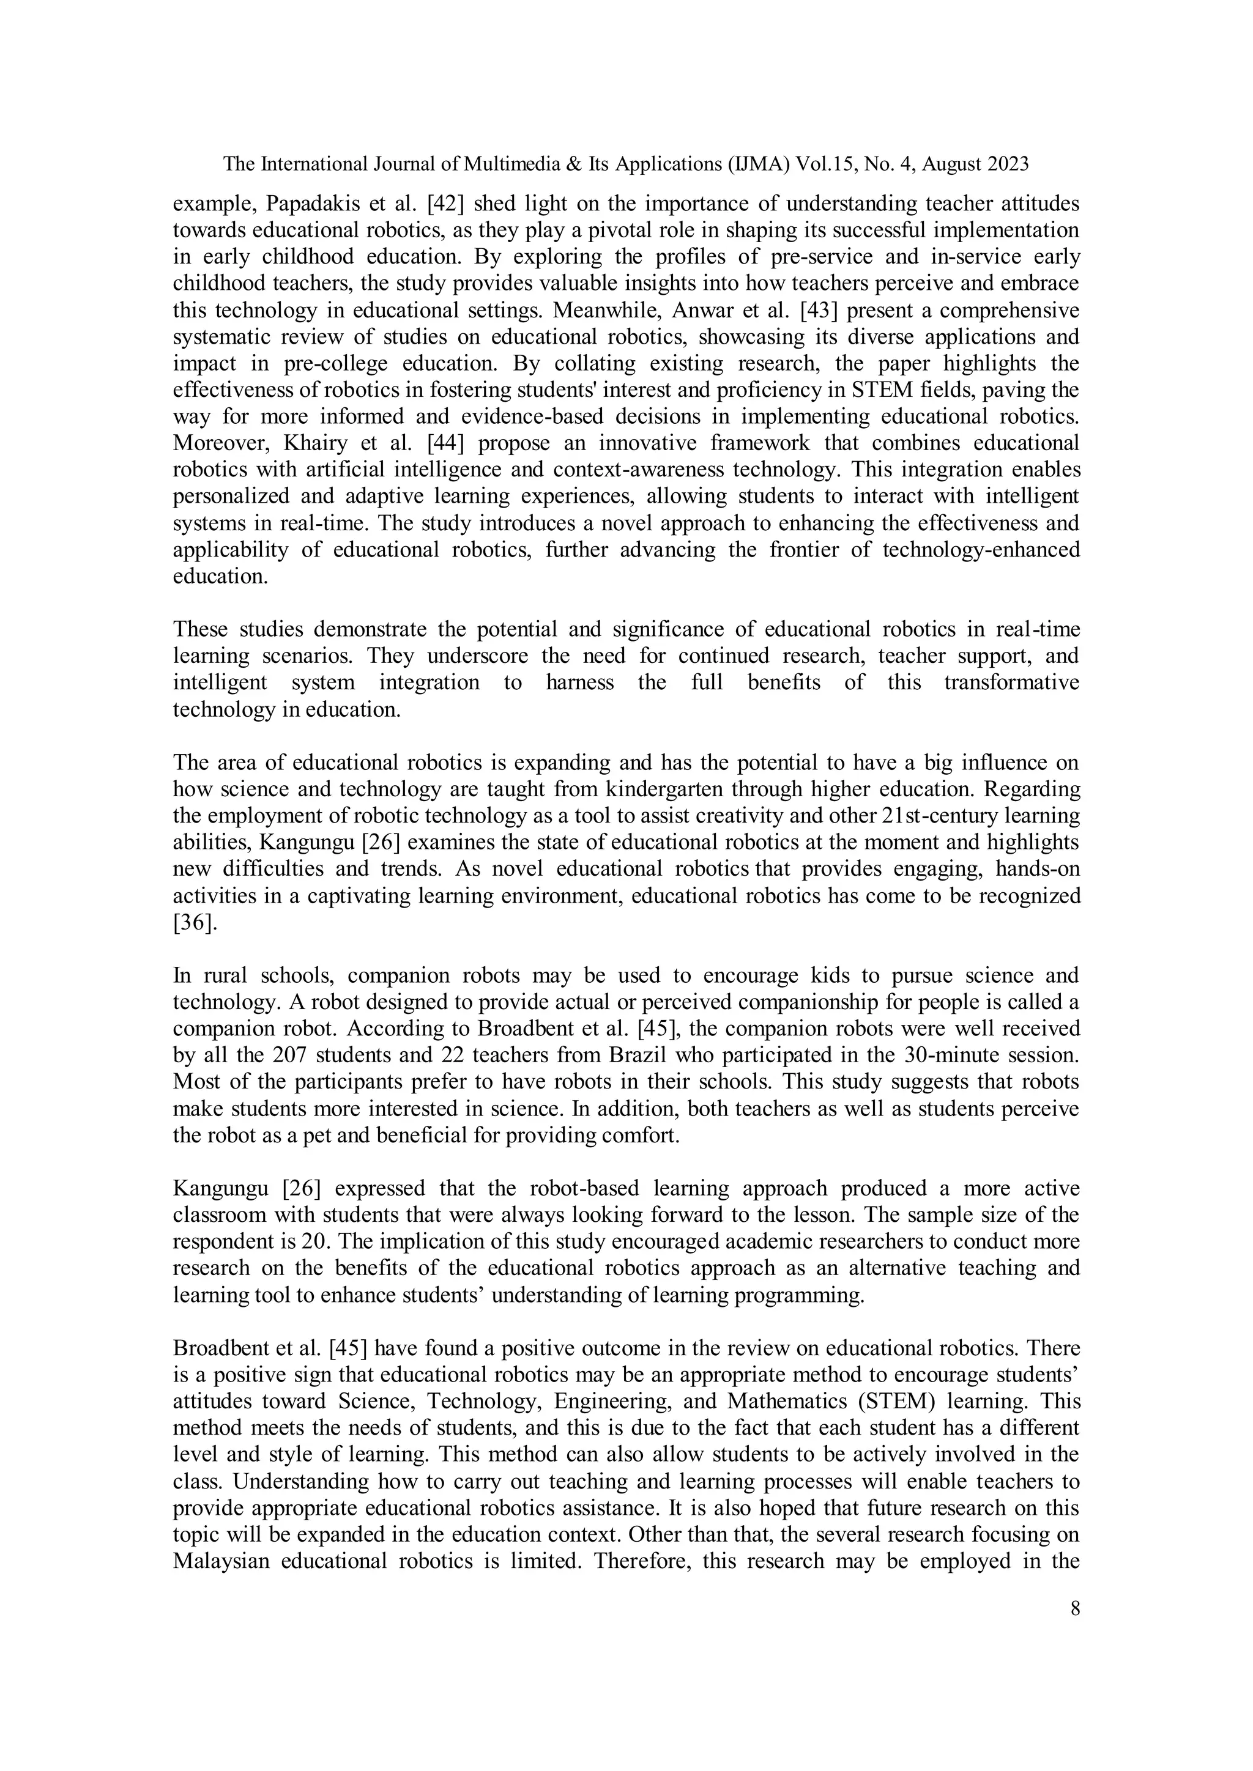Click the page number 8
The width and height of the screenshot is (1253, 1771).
pyautogui.click(x=1075, y=1609)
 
